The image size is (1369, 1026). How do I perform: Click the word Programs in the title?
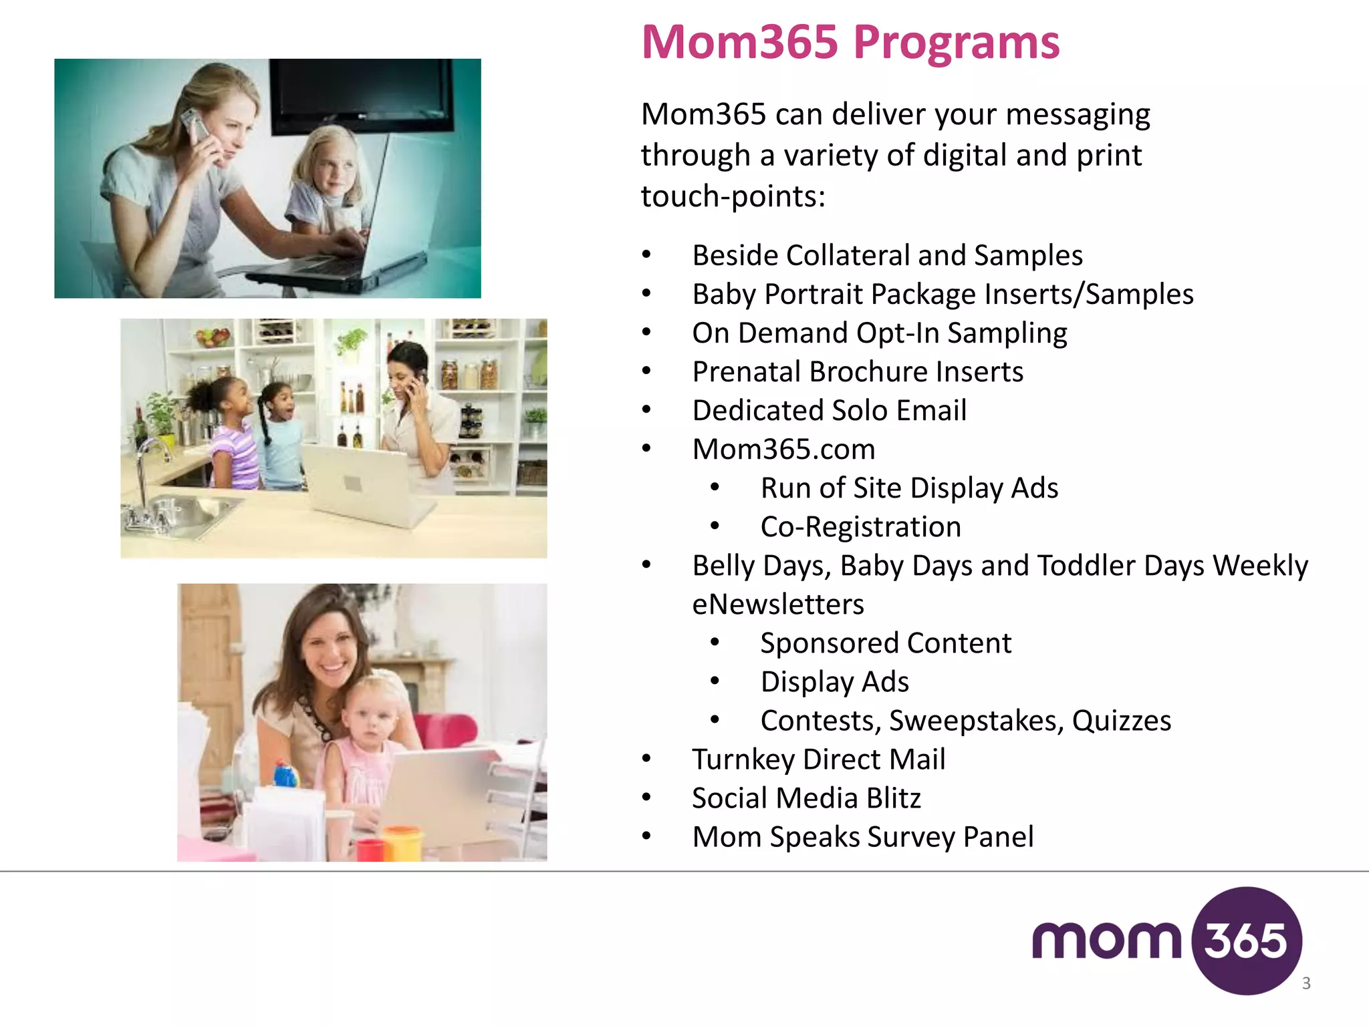957,43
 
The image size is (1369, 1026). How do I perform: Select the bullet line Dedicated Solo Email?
829,411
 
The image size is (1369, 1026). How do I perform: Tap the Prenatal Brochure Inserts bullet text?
858,372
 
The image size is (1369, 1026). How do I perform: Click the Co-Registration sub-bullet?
860,527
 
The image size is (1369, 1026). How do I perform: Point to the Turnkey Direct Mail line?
818,759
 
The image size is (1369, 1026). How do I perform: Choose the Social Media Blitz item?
806,798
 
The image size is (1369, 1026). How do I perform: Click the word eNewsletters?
778,605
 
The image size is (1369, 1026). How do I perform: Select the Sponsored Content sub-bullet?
886,643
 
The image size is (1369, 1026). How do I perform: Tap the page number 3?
1306,983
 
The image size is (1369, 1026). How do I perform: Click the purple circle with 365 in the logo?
1247,940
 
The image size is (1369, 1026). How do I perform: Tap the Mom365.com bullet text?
783,450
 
